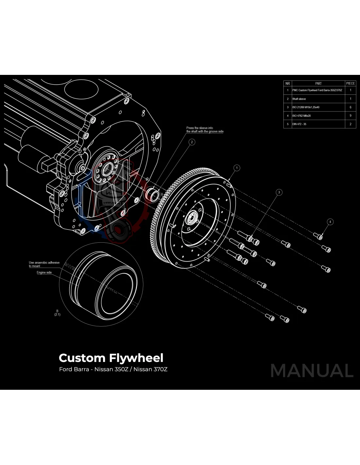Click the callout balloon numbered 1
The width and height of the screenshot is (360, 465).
(x=237, y=168)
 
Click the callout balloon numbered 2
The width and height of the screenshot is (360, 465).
(x=192, y=142)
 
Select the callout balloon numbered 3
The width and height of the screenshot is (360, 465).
(x=279, y=192)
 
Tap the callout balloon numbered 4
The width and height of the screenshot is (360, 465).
(x=330, y=222)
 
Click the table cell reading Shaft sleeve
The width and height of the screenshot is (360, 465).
(x=299, y=99)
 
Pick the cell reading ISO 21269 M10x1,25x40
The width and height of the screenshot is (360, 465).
(x=306, y=107)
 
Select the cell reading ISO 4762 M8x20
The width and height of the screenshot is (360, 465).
(x=301, y=116)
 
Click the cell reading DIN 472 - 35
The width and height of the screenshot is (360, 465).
(x=299, y=124)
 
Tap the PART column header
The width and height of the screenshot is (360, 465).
(x=318, y=83)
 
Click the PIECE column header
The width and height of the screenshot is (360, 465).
(x=350, y=83)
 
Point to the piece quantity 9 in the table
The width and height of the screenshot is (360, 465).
(x=350, y=116)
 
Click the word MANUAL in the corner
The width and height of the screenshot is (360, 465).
(x=312, y=371)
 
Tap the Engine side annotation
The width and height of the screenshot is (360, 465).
(x=44, y=272)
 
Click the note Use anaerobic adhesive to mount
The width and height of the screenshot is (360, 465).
(x=44, y=264)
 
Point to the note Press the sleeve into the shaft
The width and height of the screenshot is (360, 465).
(x=205, y=130)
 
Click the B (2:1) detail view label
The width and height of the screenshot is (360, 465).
(x=57, y=313)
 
